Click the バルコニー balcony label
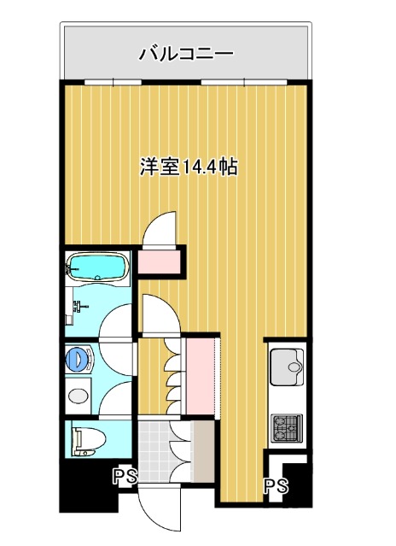[186, 54]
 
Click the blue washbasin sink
[79, 358]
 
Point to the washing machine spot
[79, 396]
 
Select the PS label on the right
[274, 486]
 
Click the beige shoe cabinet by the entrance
[204, 449]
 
